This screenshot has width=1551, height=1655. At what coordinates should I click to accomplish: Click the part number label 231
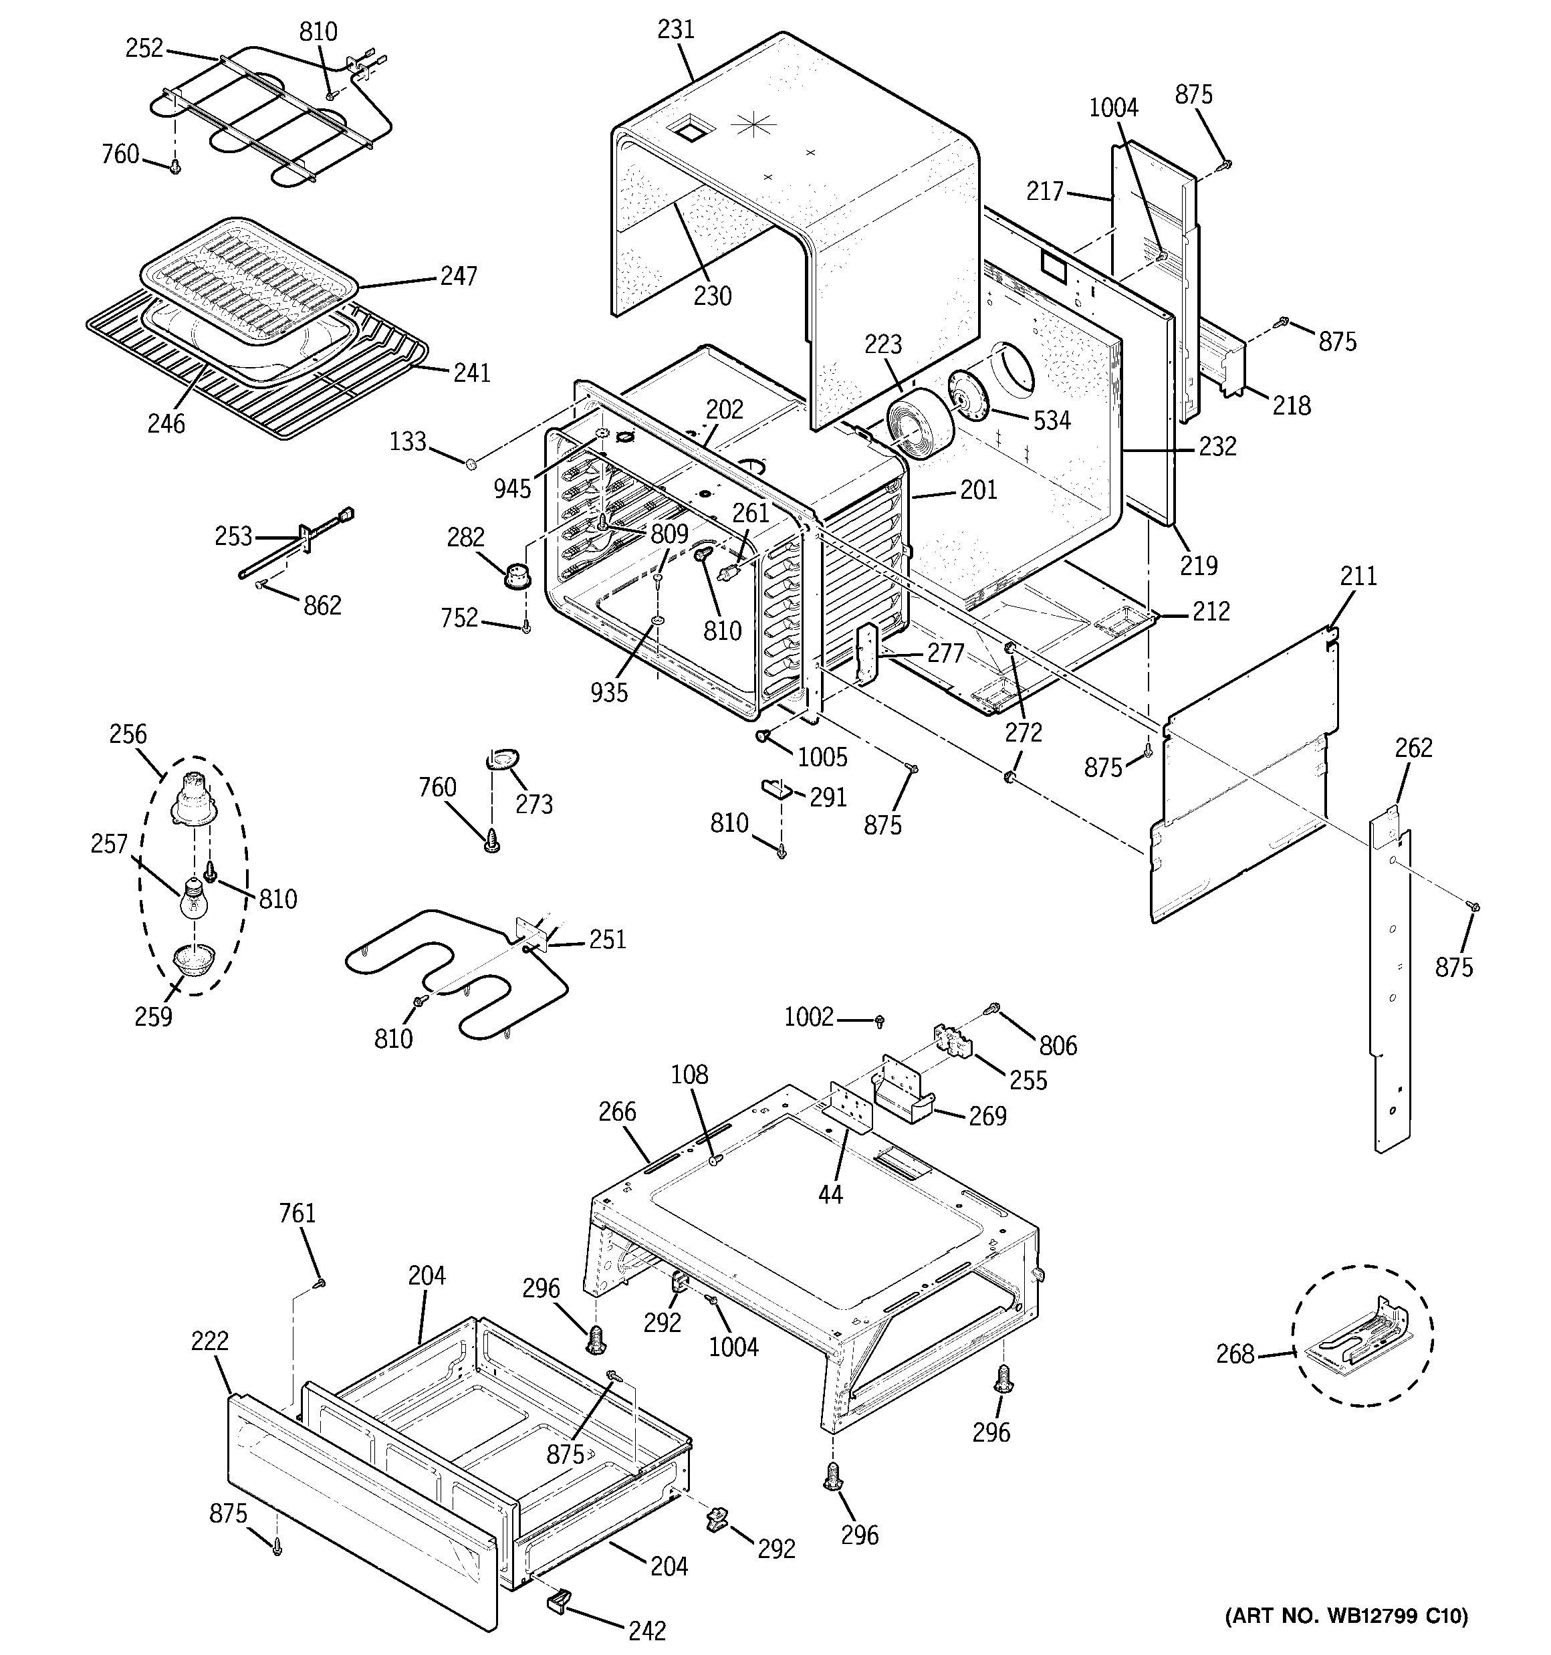(675, 29)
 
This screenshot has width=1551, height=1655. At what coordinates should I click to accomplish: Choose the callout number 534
(1052, 421)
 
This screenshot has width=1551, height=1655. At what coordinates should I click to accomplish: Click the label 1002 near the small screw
(808, 1016)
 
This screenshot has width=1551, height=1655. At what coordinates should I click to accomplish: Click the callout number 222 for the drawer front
(209, 1341)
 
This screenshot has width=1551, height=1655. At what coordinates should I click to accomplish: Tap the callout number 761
(297, 1213)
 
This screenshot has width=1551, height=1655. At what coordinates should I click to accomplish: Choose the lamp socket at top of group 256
(193, 799)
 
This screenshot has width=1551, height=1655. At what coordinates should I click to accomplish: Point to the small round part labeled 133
(471, 463)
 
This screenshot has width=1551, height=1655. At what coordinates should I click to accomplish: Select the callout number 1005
(822, 757)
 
